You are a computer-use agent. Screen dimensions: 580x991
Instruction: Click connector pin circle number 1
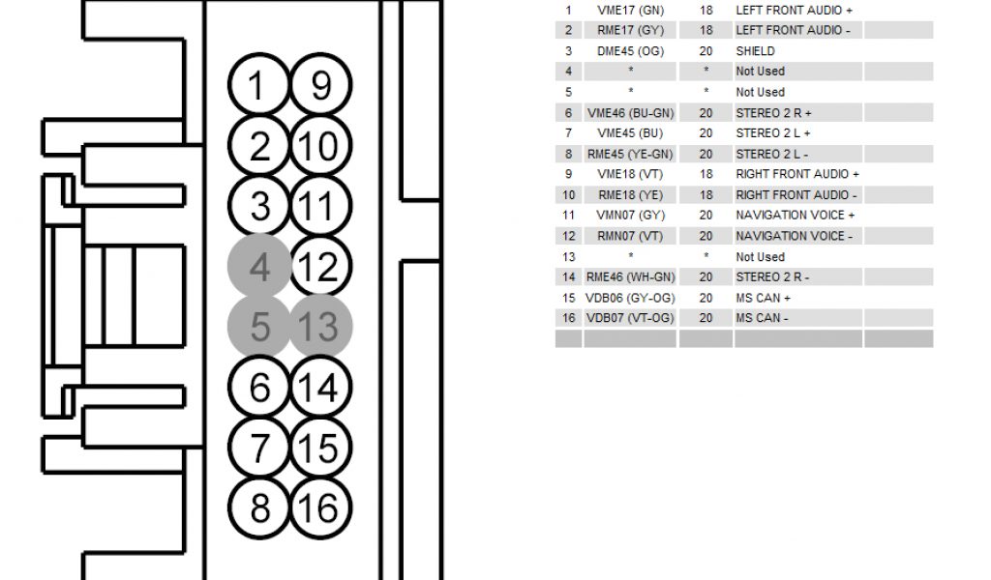[x=258, y=87]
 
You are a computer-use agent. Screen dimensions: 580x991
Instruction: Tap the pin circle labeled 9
[x=321, y=87]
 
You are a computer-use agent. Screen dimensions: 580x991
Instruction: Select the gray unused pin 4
[x=258, y=267]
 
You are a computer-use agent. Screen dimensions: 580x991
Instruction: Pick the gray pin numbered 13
[x=321, y=327]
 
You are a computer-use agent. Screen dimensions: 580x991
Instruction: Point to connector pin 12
[x=321, y=267]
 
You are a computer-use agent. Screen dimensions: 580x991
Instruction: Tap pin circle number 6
[x=258, y=388]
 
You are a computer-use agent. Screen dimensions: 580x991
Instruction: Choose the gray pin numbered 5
[x=258, y=327]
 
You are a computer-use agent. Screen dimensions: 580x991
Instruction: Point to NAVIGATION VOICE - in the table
[x=795, y=236]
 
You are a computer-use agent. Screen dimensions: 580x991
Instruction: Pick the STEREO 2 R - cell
[x=771, y=277]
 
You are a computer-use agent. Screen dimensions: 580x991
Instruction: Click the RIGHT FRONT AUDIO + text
[x=797, y=174]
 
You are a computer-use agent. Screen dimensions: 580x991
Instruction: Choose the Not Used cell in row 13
[x=760, y=257]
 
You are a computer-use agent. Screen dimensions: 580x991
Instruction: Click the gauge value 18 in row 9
[x=706, y=174]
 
